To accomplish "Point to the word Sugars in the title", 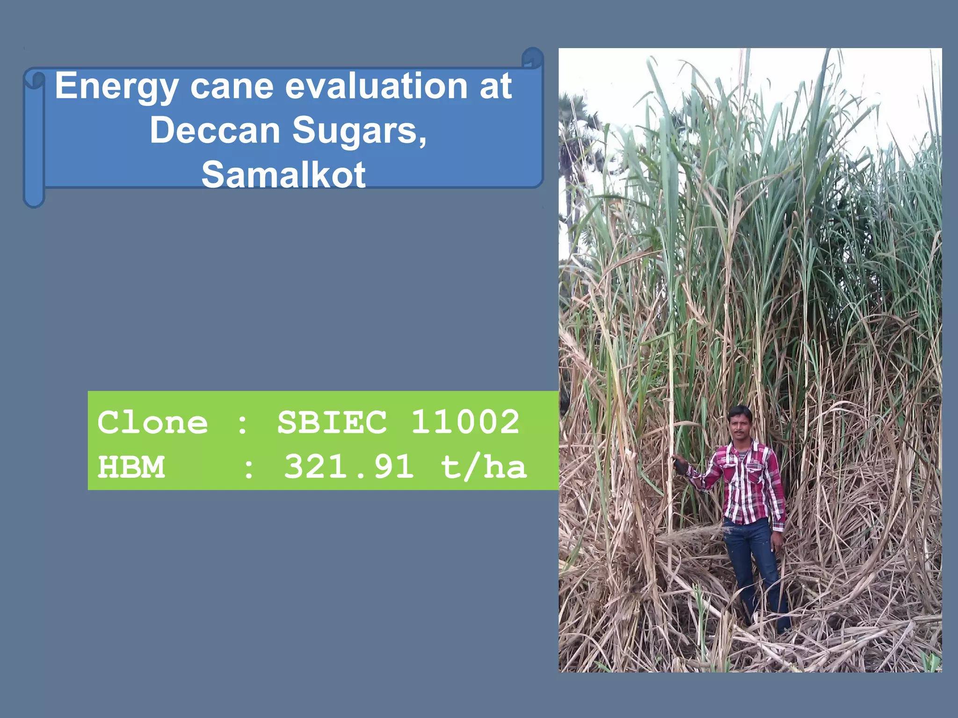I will tap(359, 131).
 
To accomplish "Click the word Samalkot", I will tap(283, 174).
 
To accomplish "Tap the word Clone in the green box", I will tap(152, 423).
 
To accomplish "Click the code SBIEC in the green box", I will tap(332, 422).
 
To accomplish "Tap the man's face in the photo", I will tap(740, 426).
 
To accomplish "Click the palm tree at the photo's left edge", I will tap(573, 140).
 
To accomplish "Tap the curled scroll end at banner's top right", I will tap(533, 58).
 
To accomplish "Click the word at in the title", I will tap(495, 86).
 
